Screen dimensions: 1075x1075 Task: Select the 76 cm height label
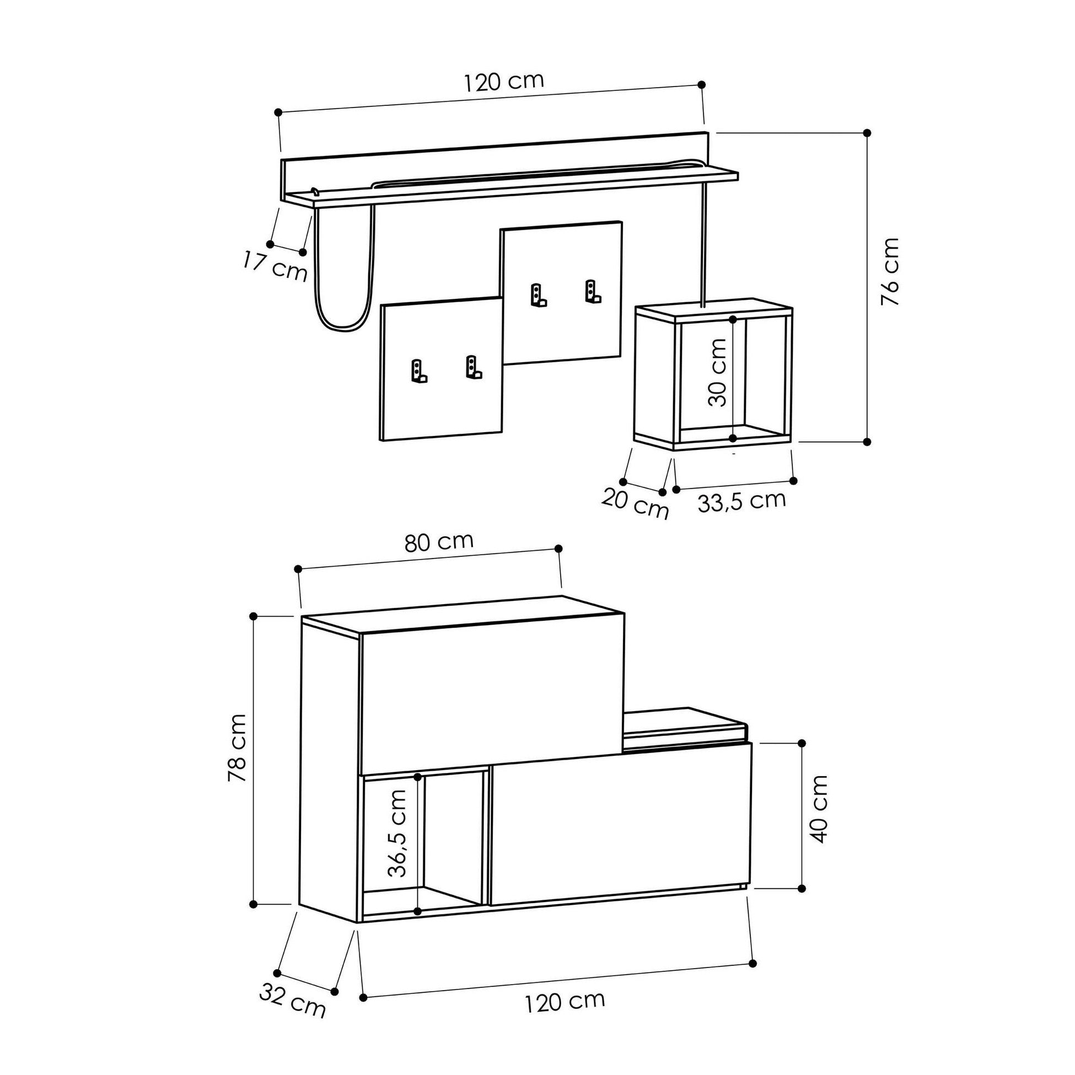click(890, 272)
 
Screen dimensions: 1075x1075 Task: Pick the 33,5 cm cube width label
click(741, 501)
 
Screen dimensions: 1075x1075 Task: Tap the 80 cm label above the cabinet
click(439, 541)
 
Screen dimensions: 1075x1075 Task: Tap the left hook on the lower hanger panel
click(418, 372)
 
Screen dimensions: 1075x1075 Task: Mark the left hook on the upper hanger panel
click(537, 296)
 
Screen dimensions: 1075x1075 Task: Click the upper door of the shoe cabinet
click(491, 695)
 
